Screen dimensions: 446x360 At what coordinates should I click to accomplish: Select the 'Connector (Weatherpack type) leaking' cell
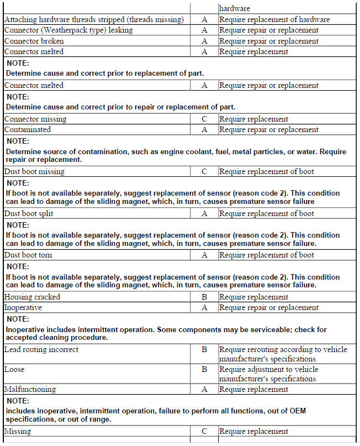pos(68,30)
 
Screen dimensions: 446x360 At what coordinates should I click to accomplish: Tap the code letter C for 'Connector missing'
pos(204,119)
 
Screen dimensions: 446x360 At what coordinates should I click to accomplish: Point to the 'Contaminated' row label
pos(28,129)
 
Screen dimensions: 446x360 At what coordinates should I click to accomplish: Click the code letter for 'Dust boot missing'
pos(204,171)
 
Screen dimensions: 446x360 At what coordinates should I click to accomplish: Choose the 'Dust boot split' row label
pos(29,213)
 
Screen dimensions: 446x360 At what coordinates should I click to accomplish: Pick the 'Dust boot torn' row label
pos(29,255)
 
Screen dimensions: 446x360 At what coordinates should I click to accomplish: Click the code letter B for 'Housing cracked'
pos(204,297)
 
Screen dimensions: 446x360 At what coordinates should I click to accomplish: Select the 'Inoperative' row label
pos(23,307)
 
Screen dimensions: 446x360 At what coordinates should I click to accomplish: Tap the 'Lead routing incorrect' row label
pos(41,349)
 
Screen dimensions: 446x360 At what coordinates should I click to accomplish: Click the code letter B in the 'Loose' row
pos(204,369)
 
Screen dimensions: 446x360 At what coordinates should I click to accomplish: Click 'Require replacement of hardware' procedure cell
pos(274,19)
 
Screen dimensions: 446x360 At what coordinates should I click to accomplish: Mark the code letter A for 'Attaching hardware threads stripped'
pos(204,19)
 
